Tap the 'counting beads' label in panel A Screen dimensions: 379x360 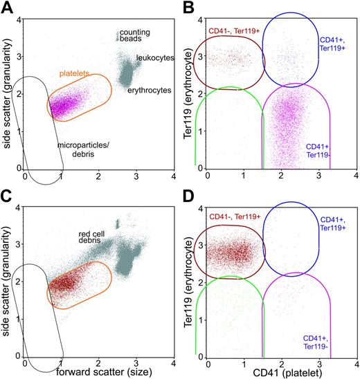coord(134,37)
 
